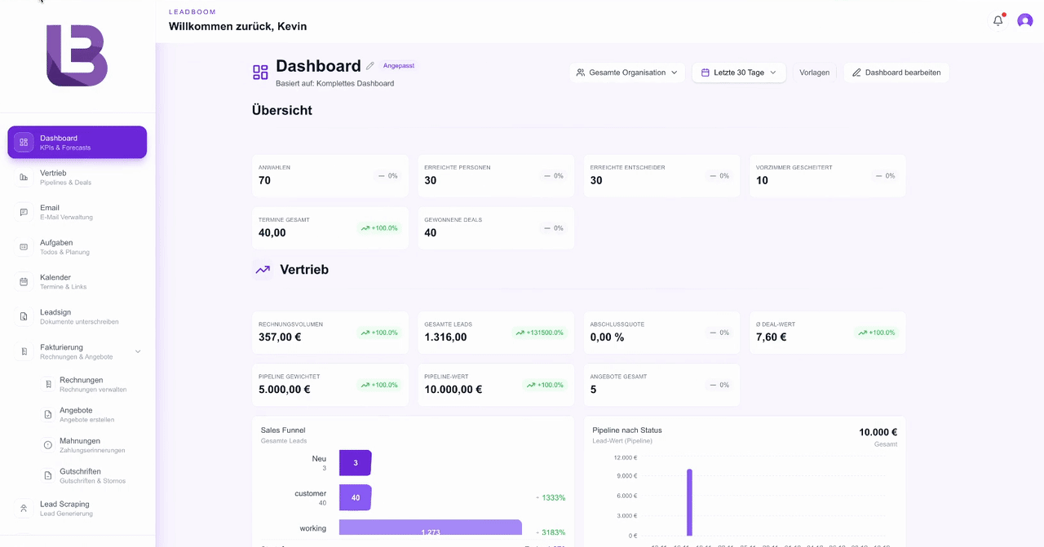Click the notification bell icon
tap(998, 21)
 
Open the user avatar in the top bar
tap(1025, 21)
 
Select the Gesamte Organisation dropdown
tap(627, 73)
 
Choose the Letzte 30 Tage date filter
tap(739, 73)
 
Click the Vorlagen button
tap(814, 73)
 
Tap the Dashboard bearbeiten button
tap(896, 73)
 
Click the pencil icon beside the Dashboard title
tap(370, 66)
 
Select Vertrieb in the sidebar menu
tap(53, 177)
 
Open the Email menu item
tap(50, 212)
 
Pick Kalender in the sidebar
tap(55, 281)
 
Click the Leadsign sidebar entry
tap(55, 316)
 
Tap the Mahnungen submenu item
tap(80, 445)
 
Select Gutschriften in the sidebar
tap(80, 475)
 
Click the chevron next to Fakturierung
tap(138, 351)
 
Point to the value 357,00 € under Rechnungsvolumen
tap(280, 337)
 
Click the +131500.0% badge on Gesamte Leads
tap(540, 333)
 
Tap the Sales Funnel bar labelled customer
tap(355, 497)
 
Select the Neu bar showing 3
tap(355, 463)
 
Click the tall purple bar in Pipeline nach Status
tap(689, 502)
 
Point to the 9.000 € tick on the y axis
tap(626, 476)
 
